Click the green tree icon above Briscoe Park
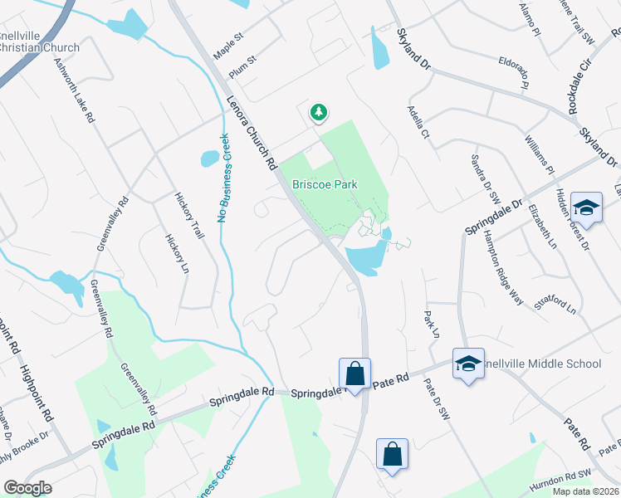(x=317, y=112)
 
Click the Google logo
(x=27, y=488)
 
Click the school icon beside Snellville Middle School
(x=468, y=364)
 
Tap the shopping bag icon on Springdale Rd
(x=355, y=373)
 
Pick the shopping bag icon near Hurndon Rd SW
(x=392, y=454)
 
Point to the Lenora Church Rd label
(x=252, y=134)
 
